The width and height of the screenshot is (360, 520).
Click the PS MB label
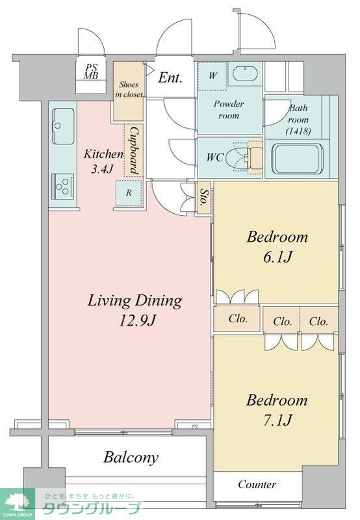coord(91,71)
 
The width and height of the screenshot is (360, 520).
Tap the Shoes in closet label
coord(129,90)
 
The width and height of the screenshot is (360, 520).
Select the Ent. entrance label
coord(170,77)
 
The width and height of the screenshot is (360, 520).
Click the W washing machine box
coord(212,75)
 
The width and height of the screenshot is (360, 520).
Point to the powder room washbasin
coord(245,73)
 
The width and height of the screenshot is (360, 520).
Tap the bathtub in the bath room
coord(298,159)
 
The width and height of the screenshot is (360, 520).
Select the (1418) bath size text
coord(298,131)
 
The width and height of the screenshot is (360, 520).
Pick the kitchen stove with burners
coord(63,187)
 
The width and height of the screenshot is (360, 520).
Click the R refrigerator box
coord(129,192)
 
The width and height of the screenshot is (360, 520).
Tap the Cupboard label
coord(134,150)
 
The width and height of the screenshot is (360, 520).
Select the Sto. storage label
coord(204,198)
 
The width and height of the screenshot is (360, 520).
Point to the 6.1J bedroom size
coord(277,257)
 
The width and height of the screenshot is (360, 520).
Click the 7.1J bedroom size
coord(277,421)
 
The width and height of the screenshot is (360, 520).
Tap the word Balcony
coord(131,458)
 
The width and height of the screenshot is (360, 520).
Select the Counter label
coord(257,484)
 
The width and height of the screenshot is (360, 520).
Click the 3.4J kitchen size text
coord(103,170)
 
